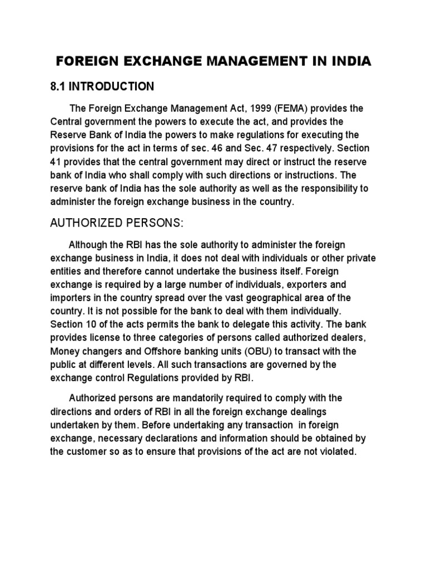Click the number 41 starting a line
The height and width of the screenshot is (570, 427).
[56, 163]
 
